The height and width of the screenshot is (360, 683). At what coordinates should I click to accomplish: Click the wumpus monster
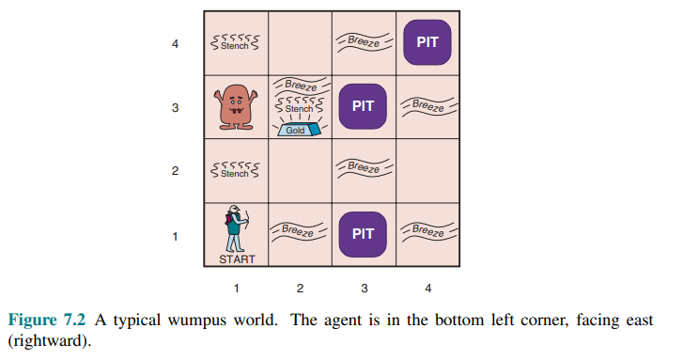coord(236,107)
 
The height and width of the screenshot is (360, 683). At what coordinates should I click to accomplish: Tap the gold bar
coord(299,130)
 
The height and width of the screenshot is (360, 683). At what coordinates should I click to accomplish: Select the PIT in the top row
coord(427,42)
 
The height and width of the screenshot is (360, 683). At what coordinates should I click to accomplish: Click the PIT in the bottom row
coord(363,234)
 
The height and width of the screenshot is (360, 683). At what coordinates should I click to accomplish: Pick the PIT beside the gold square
coord(363,106)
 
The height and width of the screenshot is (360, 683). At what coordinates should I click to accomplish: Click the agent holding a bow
coord(237,228)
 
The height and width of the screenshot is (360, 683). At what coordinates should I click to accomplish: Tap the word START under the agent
coord(237,259)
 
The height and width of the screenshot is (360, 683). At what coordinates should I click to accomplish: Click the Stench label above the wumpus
coord(235,43)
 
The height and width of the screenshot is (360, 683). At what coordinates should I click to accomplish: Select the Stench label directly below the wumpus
coord(235,171)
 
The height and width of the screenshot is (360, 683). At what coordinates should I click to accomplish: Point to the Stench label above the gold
coord(300,106)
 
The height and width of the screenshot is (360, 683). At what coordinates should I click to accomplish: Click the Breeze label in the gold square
coord(301,86)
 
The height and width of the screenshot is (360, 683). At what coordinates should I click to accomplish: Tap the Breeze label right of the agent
coord(298,230)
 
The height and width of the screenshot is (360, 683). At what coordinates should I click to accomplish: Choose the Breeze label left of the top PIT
coord(364,42)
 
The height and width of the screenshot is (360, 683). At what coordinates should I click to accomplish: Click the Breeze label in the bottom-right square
coord(428,230)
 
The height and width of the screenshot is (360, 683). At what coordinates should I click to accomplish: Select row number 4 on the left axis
coord(175,44)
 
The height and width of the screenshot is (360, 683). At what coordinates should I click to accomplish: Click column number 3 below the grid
coord(365,289)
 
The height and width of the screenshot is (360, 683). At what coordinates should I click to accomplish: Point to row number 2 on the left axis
coord(175,171)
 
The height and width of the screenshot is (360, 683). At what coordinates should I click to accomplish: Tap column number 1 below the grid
coord(236,289)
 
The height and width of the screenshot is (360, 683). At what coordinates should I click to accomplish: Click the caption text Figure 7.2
coord(47,320)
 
